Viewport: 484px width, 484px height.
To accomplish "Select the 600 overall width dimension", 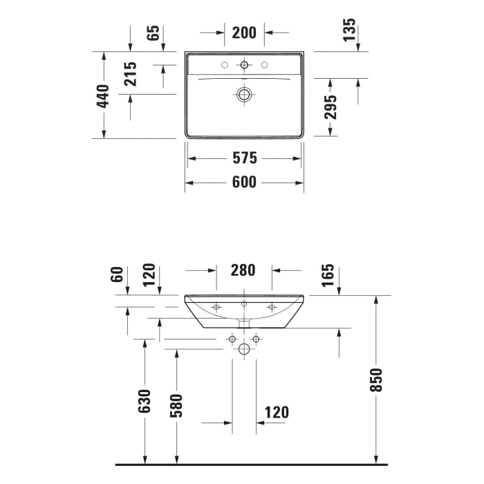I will point(245,182).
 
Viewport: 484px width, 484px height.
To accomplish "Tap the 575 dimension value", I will point(245,158).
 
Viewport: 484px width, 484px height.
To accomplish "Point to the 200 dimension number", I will point(245,32).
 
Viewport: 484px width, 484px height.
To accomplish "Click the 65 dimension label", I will point(153,32).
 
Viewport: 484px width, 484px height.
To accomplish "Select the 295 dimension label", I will point(331,107).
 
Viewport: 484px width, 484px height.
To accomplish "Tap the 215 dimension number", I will point(130,74).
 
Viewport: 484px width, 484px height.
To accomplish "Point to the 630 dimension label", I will point(145,402).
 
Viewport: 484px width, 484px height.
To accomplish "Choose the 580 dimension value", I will point(177,407).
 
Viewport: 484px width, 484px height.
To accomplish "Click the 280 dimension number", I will point(243,270).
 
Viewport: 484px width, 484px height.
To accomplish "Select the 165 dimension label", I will point(328,275).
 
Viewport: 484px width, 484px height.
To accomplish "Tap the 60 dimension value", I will point(117,274).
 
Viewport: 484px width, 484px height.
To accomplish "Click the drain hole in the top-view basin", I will point(244,94).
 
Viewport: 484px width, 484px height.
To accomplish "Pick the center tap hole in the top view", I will point(244,66).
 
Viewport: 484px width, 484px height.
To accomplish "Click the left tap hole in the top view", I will point(224,66).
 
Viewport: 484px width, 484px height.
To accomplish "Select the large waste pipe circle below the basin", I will point(244,350).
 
